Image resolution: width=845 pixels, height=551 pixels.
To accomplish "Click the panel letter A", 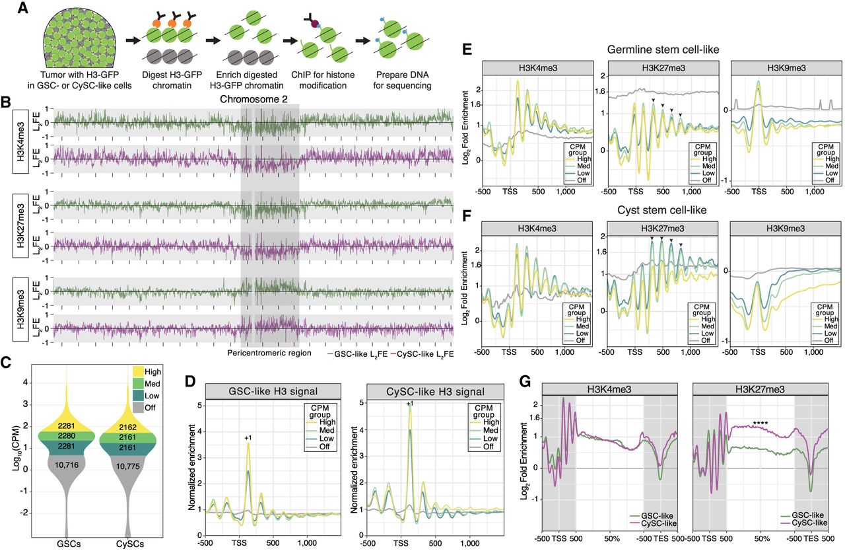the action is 23,8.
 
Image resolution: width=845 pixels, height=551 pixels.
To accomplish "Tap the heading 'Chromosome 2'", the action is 253,99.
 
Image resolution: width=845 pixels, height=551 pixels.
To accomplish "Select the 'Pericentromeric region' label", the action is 269,353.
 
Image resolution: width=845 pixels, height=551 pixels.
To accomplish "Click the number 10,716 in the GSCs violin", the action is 67,465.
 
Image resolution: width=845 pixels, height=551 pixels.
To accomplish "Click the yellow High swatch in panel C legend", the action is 138,371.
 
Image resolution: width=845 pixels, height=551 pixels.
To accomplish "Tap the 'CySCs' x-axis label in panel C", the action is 130,544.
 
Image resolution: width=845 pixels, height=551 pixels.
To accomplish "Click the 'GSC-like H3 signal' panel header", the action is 273,391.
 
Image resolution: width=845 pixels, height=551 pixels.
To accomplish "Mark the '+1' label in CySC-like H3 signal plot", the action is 410,404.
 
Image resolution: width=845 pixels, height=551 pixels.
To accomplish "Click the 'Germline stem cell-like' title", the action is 663,50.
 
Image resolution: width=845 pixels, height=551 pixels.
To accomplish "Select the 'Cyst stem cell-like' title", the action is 661,210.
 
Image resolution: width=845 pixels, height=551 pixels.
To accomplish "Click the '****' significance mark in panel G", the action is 760,423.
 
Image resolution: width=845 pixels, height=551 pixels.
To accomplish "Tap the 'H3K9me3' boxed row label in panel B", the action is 20,309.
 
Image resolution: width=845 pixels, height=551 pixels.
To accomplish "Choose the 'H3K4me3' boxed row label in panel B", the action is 20,141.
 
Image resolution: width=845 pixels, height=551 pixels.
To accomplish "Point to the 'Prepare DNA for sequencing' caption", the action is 402,80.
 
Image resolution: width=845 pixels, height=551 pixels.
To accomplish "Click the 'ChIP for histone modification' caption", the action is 323,80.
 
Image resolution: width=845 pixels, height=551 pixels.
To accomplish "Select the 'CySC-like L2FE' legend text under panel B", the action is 426,353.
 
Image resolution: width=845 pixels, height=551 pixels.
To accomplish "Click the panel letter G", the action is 525,382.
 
